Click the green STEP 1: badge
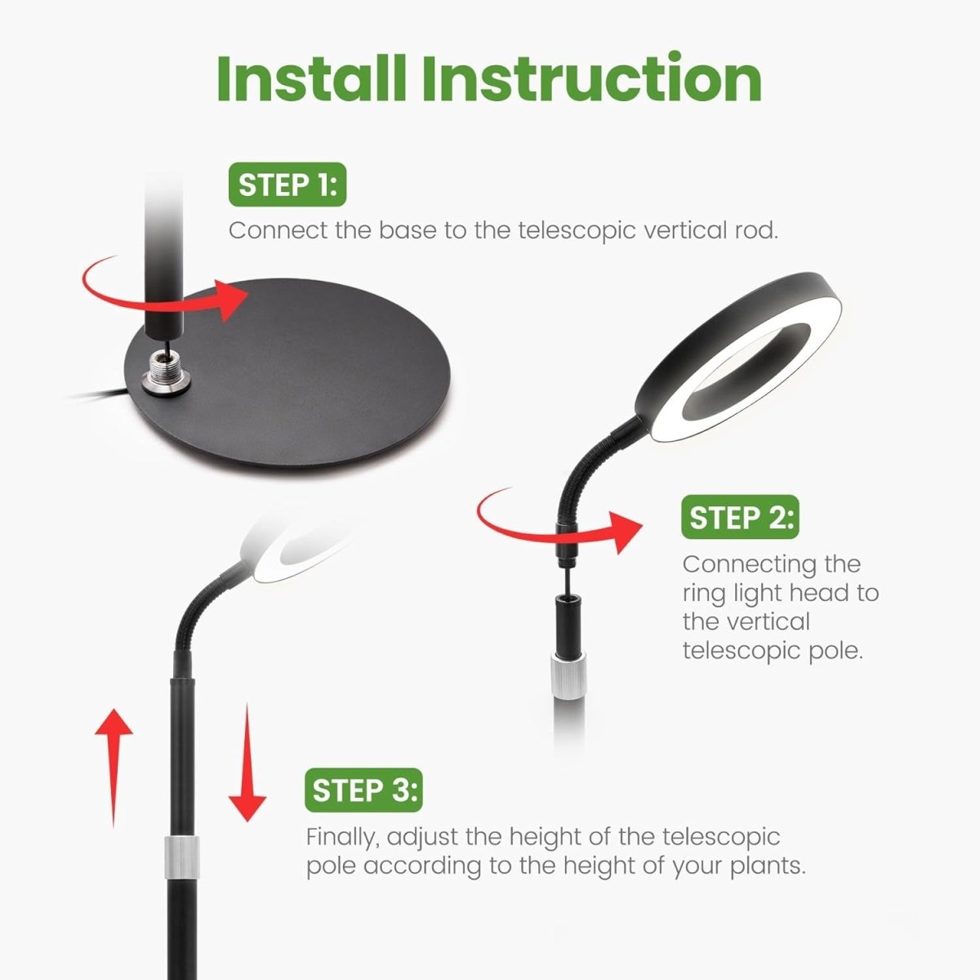[287, 185]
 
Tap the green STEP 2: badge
[740, 517]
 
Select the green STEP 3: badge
[363, 790]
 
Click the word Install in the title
[311, 79]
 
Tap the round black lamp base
[287, 374]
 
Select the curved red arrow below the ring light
[555, 532]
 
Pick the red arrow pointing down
[247, 762]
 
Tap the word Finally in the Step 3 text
[341, 838]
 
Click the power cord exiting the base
[99, 395]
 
